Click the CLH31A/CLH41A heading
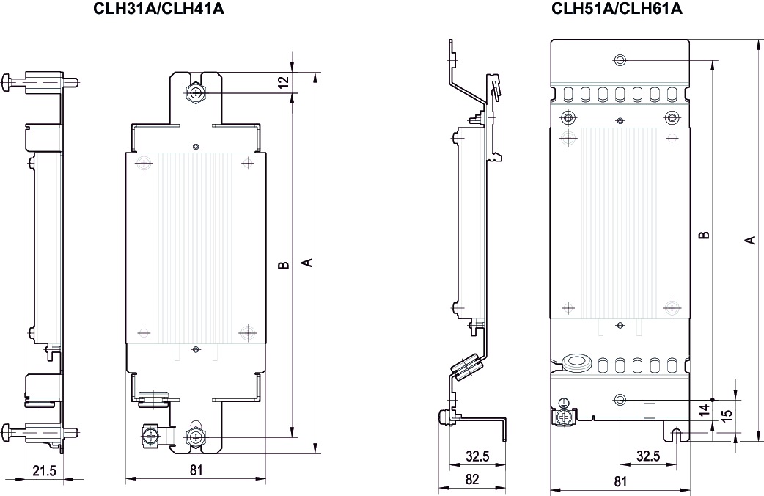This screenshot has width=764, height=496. click(159, 10)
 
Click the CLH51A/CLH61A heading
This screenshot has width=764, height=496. click(617, 10)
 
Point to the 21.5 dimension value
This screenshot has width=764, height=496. click(44, 470)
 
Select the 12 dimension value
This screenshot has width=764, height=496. click(284, 82)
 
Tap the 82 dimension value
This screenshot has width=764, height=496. click(471, 481)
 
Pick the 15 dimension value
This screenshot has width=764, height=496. click(726, 415)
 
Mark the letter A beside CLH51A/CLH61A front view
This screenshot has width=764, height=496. click(750, 240)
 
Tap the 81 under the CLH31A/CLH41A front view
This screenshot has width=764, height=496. click(196, 470)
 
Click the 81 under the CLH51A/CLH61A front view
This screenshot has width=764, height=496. click(620, 482)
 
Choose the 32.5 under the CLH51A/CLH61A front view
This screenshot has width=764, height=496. click(647, 456)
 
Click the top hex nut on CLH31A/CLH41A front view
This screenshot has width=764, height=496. click(195, 93)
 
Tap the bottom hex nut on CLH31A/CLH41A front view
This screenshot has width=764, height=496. click(195, 437)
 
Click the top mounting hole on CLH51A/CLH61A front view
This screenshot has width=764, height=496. click(620, 59)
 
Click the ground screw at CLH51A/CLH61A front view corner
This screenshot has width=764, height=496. click(565, 416)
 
